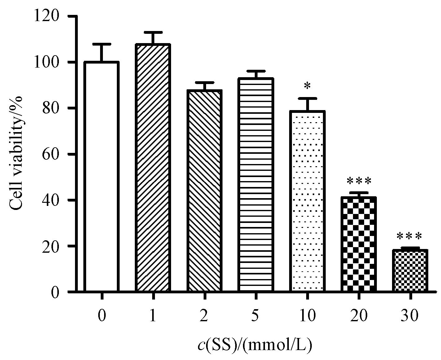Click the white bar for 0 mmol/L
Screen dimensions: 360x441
101,177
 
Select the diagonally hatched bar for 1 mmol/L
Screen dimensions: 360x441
153,168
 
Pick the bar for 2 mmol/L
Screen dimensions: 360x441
204,191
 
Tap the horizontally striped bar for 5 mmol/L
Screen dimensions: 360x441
256,185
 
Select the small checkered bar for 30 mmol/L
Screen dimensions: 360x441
410,270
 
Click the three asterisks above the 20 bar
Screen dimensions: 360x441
359,181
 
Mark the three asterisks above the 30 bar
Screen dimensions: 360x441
410,237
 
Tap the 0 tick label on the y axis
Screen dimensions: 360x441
55,292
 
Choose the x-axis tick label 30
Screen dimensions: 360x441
410,316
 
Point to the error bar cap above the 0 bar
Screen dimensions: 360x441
101,44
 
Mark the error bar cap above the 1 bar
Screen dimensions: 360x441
153,32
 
